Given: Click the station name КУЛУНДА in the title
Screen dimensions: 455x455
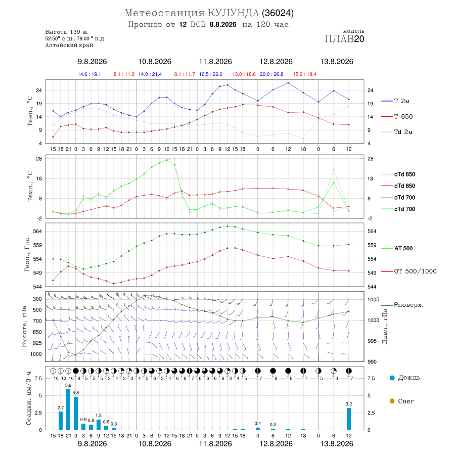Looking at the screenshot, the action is pos(233,13).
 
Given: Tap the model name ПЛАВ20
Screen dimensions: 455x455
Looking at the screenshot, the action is pos(344,39).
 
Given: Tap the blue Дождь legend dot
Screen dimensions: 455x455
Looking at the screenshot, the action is pos(392,378).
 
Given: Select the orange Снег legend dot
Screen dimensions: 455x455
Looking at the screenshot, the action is pos(392,401).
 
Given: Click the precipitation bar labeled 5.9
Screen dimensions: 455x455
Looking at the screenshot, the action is pos(68,409).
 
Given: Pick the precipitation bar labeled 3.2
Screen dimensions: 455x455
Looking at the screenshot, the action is pos(349,419).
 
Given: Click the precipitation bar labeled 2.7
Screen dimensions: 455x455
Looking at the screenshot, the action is pos(61,421).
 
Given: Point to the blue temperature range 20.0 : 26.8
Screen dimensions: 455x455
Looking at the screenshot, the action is pos(271,74).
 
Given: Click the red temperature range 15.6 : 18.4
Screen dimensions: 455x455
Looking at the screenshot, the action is pos(304,74).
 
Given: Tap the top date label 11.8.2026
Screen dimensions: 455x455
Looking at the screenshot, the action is pos(215,62).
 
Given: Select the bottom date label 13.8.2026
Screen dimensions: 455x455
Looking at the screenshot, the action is pos(337,444).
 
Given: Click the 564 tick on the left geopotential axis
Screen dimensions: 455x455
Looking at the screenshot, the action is pos(38,231).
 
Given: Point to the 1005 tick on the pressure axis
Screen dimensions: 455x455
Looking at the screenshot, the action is pos(373,299).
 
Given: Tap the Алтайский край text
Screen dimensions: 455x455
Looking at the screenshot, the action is pos(69,45).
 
